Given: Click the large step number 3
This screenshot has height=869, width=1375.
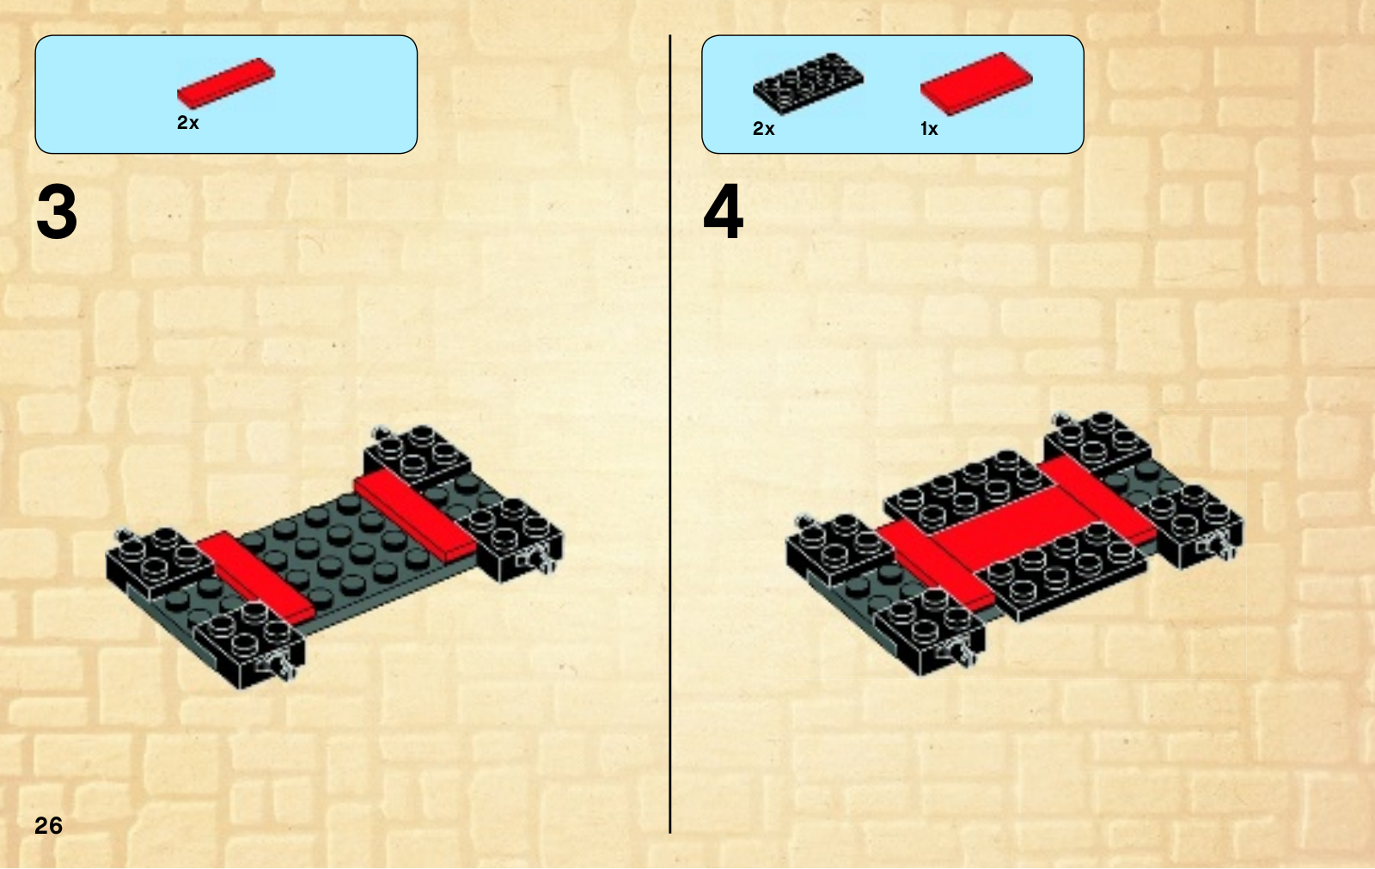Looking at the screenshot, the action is pos(57,211).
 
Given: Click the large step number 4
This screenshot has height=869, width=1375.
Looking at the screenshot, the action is pos(723,211).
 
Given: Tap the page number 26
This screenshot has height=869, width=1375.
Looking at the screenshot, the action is pos(48,826).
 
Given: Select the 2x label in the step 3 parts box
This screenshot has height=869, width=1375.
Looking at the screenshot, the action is pos(188,123).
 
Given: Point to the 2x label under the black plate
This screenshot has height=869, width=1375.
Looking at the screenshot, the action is pos(764,129).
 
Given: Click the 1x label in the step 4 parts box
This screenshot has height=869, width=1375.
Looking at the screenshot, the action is pos(929,129).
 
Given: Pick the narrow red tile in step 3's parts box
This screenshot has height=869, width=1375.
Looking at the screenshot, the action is pos(226,83).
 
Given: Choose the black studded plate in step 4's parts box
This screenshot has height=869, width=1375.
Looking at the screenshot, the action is pos(808,83).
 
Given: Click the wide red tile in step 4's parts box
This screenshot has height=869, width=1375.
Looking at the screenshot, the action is pos(976,83).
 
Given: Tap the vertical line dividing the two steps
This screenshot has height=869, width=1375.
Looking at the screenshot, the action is pos(669,433).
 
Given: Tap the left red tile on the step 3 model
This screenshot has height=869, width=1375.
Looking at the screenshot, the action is pos(255,578).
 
